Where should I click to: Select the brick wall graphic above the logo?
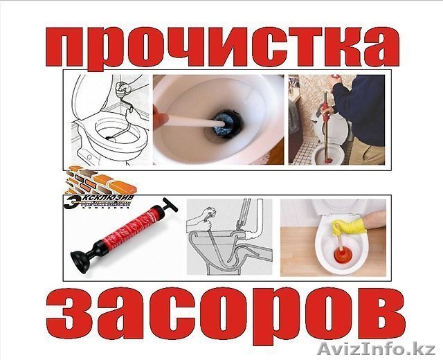[x=97, y=181]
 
